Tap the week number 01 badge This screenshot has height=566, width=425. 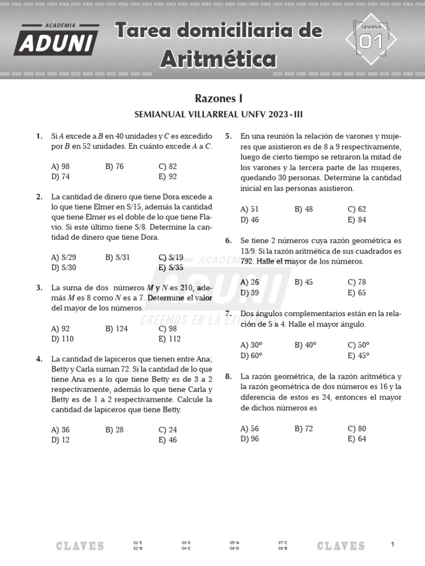[x=371, y=41]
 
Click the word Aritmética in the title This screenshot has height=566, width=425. [x=219, y=58]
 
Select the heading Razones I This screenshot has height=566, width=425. [x=219, y=98]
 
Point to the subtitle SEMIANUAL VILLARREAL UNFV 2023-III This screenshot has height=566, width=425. [x=219, y=114]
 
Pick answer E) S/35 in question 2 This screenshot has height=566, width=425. [x=170, y=268]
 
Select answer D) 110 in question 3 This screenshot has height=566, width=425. [x=62, y=339]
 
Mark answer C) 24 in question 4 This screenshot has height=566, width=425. [x=167, y=429]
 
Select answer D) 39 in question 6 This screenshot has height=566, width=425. [x=250, y=292]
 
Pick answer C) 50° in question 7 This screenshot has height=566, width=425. [x=358, y=345]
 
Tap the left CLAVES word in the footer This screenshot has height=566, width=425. [x=80, y=546]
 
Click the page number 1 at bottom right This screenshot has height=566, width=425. [x=392, y=544]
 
